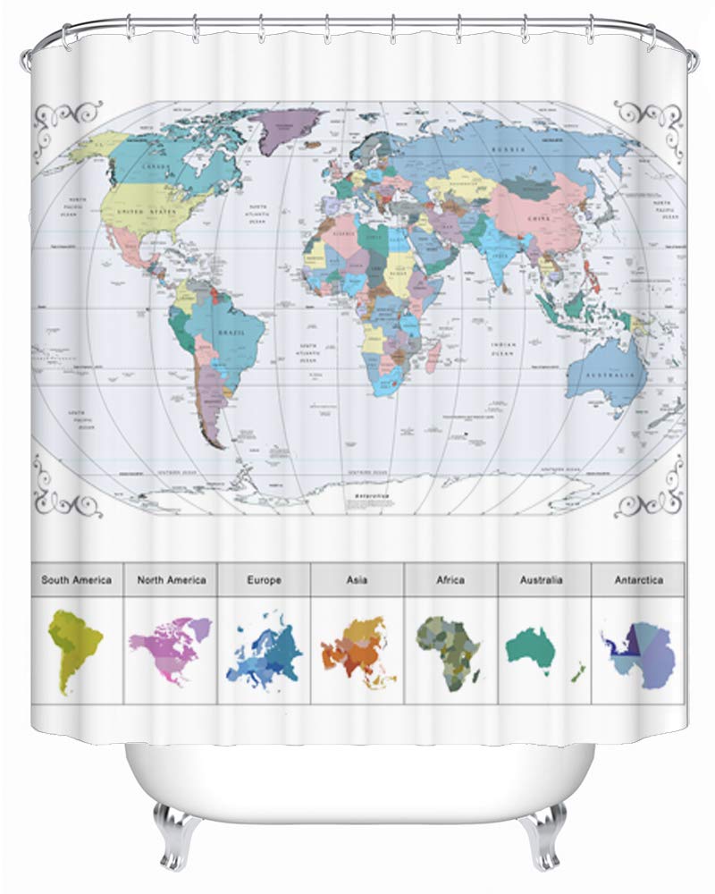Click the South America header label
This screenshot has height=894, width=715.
tap(77, 580)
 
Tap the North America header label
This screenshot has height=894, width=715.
tap(172, 580)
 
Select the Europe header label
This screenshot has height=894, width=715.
tap(265, 580)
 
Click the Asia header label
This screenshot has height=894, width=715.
tap(357, 580)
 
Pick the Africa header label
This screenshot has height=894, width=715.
tap(450, 580)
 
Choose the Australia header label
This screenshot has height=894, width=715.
tap(542, 580)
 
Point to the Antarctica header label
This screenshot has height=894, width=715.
tap(638, 580)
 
